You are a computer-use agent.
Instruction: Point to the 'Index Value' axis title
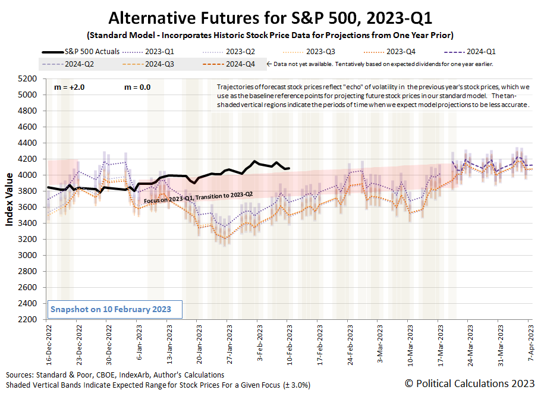point(10,199)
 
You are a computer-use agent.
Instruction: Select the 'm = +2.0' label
point(70,87)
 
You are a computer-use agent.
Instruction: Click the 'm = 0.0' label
point(137,87)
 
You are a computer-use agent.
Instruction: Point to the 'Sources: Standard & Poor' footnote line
point(115,375)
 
